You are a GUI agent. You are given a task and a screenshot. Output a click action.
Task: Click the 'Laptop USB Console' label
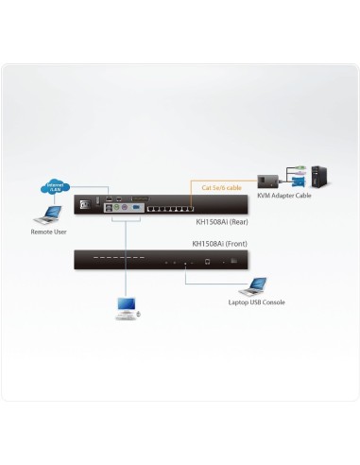point(256,302)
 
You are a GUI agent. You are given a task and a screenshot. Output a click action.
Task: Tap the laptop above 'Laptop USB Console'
point(254,284)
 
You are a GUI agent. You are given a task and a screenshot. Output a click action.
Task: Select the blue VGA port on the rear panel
point(134,205)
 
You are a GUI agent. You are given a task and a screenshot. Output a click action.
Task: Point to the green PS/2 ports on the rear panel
point(114,205)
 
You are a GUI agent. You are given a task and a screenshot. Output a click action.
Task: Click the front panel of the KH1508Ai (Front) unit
point(161,259)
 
